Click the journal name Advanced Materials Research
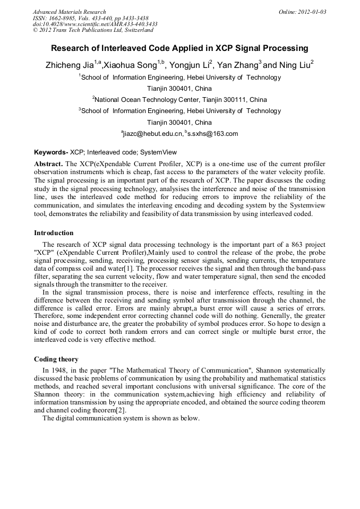(x=69, y=12)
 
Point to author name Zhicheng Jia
(x=70, y=65)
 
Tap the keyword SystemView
(x=159, y=152)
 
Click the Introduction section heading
(x=54, y=232)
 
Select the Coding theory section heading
(x=56, y=359)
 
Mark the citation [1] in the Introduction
(x=128, y=270)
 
